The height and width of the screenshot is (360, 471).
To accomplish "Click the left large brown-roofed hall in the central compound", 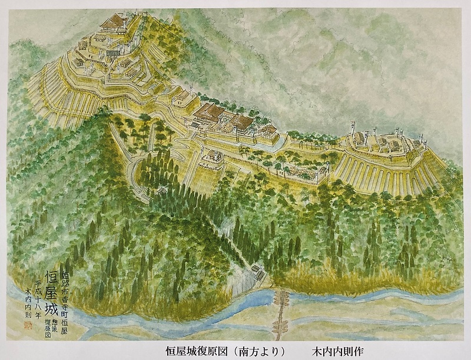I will coord(210,113).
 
